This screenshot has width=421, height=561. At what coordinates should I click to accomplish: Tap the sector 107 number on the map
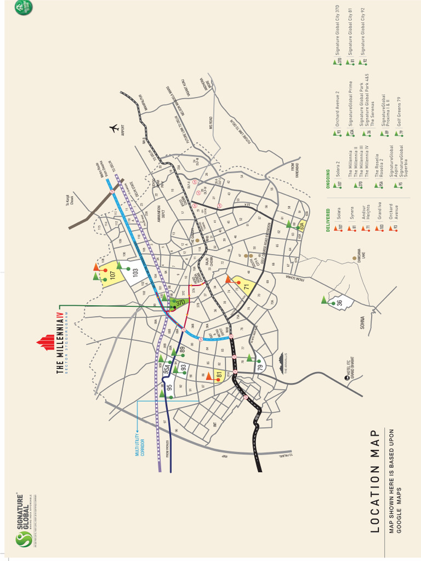(x=113, y=276)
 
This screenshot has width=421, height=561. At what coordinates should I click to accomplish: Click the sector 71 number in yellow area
(x=247, y=287)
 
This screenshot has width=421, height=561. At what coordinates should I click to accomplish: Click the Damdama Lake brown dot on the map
(x=354, y=258)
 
